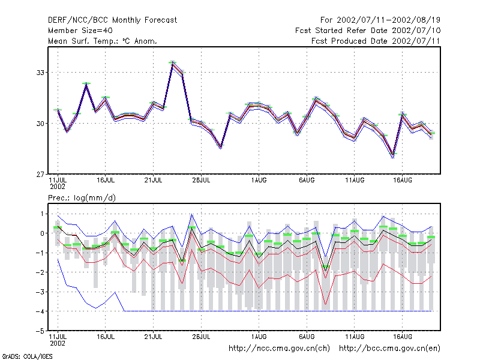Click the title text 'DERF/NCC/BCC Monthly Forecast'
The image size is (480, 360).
112,20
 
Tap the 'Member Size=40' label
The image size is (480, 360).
80,31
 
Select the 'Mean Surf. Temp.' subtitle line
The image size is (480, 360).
103,41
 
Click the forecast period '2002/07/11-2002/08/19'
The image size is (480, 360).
388,20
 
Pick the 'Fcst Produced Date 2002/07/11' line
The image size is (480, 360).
376,41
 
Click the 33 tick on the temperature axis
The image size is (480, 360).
40,73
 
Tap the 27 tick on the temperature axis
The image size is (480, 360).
40,175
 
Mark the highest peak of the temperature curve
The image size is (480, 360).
173,63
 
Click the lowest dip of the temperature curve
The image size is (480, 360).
393,155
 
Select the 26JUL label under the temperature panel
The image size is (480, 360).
201,181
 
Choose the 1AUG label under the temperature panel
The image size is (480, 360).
259,181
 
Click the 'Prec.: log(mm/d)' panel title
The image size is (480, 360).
82,198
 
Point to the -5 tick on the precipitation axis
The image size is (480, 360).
40,331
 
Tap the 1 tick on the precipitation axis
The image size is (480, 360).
42,214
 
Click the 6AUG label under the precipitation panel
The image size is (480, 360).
307,337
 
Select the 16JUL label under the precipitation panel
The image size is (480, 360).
106,337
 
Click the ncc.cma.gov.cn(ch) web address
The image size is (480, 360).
280,349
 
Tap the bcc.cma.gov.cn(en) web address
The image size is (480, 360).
389,349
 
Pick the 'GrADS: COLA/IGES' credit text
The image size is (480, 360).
27,356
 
